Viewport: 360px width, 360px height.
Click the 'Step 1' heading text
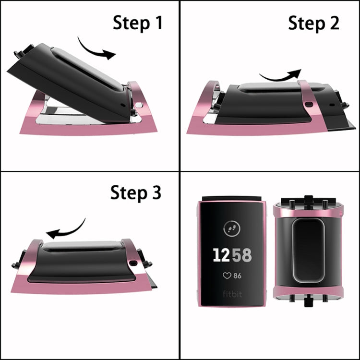pos(137,23)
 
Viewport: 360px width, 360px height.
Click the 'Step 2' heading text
pos(313,23)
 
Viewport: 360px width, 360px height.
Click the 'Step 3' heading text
pos(136,192)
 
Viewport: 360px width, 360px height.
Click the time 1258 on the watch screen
pos(232,255)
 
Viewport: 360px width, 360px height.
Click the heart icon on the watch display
pos(226,276)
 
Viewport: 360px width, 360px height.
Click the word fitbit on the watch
pos(232,294)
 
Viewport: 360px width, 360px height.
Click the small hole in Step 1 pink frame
pos(138,105)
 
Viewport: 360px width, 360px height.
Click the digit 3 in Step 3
pos(156,193)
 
